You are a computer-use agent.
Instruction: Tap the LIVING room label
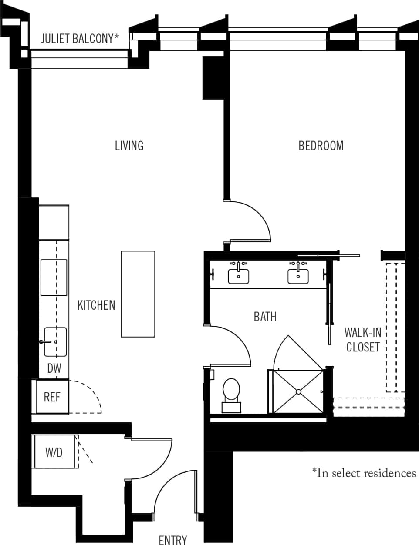(x=129, y=145)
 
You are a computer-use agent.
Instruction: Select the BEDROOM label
(x=321, y=145)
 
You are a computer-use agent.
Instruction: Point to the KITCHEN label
(x=96, y=305)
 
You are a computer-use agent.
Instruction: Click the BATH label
(x=265, y=316)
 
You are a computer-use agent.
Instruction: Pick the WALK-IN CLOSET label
(x=362, y=340)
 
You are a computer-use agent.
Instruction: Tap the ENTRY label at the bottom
(x=173, y=539)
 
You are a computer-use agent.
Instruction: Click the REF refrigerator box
(x=52, y=397)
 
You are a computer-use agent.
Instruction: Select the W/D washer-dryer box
(x=54, y=452)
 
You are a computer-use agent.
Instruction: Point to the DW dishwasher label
(x=54, y=369)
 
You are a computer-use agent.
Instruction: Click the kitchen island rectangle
(x=138, y=294)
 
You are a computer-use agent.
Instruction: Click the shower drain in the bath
(x=298, y=391)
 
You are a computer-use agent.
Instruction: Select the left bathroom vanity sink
(x=238, y=276)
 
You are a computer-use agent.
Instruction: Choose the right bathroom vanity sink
(x=298, y=276)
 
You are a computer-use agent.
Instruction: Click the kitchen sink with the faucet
(x=55, y=341)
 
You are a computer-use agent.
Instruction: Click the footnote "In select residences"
(x=364, y=473)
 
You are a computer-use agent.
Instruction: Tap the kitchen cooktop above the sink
(x=54, y=277)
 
